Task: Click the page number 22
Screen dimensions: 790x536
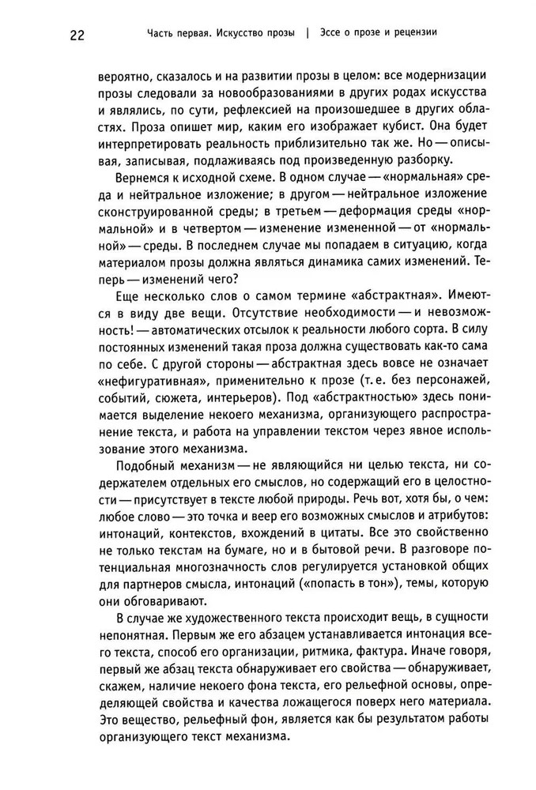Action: click(76, 35)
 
